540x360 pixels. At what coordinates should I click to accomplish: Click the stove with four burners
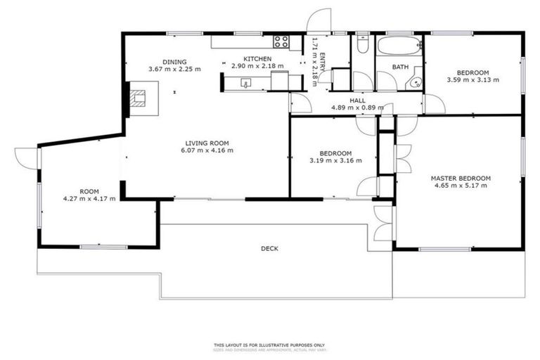(x=281, y=41)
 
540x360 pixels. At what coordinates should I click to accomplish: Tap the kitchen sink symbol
(x=246, y=82)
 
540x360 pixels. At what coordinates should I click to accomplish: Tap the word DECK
(x=269, y=248)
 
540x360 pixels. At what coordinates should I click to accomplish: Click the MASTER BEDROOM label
(x=461, y=179)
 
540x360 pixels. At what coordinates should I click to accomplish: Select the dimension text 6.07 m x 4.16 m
(x=207, y=150)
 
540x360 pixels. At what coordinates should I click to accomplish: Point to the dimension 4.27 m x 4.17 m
(x=88, y=199)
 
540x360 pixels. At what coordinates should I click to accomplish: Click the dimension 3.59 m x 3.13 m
(x=472, y=80)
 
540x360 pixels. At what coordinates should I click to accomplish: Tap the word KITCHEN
(x=257, y=59)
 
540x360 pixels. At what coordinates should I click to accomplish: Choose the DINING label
(x=174, y=62)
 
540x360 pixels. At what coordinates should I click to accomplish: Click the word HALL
(x=357, y=101)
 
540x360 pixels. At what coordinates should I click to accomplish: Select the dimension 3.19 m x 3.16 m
(x=335, y=161)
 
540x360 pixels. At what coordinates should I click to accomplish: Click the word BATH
(x=399, y=67)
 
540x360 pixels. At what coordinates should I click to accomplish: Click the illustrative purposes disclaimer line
(x=269, y=345)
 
